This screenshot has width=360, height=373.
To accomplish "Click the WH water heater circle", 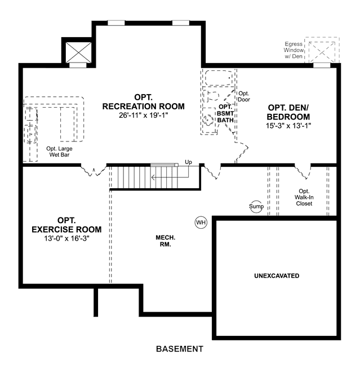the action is click(201, 223).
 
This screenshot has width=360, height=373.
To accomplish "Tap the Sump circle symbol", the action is click(256, 206).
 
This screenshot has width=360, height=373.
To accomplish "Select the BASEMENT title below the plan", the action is click(180, 349).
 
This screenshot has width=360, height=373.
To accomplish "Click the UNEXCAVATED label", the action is click(277, 276).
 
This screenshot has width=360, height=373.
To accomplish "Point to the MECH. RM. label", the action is click(166, 241).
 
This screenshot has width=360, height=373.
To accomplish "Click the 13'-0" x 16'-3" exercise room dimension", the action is click(66, 238).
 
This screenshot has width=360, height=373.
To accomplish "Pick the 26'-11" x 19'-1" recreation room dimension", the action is click(144, 115).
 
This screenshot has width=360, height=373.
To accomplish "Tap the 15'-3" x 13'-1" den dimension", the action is click(288, 126).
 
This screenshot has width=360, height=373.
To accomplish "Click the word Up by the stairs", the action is click(188, 162).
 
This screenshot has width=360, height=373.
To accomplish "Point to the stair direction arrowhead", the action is click(153, 177).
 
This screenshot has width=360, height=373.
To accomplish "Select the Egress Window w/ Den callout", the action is click(294, 50).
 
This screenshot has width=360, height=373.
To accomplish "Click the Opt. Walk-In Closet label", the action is click(304, 197).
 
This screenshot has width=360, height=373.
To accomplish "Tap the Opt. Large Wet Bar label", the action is click(59, 152).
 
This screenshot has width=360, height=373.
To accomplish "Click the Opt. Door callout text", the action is click(244, 96).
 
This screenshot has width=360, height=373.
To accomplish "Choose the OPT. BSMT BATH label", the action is click(225, 113).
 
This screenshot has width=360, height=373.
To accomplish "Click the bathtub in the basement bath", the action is click(219, 78).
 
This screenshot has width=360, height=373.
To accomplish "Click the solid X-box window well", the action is click(78, 52).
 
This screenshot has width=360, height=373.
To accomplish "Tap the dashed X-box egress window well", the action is click(322, 52).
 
